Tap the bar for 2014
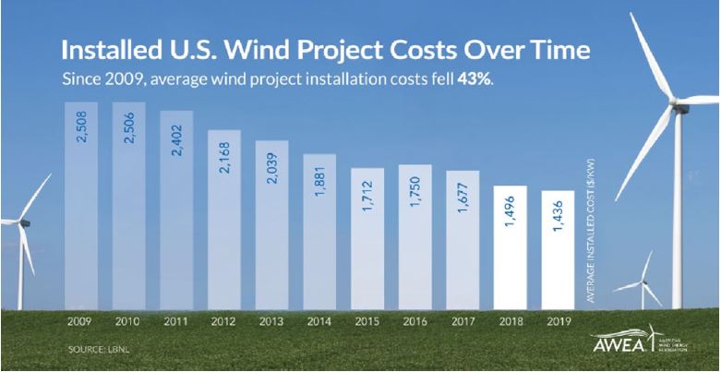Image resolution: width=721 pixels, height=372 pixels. (318, 231)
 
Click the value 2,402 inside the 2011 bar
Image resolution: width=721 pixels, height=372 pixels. (176, 139)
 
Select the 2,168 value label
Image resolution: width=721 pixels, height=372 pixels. (224, 159)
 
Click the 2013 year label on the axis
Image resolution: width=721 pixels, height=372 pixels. (272, 322)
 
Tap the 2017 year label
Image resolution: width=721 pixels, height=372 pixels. (463, 322)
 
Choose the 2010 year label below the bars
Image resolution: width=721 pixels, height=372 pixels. (127, 322)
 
